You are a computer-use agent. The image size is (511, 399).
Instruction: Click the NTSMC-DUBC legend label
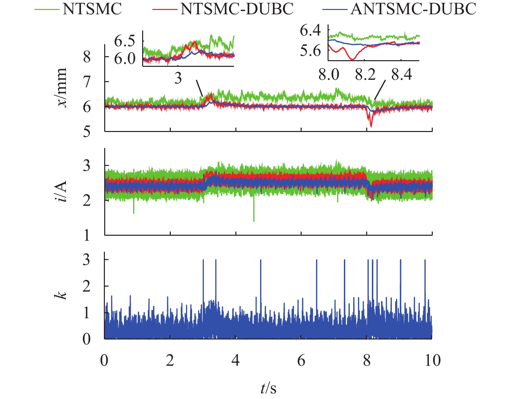237,9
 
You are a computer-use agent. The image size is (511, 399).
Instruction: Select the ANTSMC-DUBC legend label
413,9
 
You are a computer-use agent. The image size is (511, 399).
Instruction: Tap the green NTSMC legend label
92,9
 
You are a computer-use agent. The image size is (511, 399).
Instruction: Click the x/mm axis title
62,88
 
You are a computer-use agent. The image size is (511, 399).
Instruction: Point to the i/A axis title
62,191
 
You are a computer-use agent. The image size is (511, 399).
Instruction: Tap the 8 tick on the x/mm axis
87,57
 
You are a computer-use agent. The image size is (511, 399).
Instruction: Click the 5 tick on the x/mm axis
87,131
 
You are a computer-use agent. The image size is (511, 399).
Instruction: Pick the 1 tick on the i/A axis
87,235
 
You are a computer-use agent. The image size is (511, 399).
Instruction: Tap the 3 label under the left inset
178,78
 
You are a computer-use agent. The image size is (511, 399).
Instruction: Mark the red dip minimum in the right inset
352,59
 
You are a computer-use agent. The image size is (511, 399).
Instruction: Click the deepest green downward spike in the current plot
254,221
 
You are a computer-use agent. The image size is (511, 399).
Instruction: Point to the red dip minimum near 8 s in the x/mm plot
371,126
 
